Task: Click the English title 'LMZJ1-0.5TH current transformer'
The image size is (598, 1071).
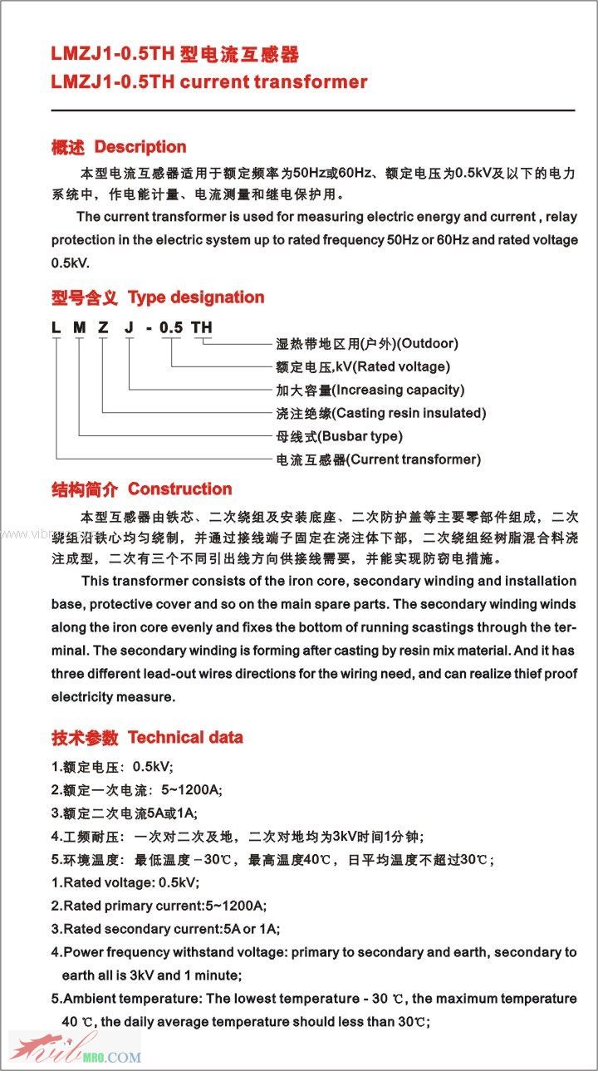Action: coord(208,81)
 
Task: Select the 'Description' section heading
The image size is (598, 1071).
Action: coord(140,147)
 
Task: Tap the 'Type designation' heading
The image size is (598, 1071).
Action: coord(195,297)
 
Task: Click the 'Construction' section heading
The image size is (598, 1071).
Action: coord(179,489)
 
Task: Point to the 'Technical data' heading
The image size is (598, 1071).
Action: coord(185,737)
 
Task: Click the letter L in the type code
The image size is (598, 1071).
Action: coord(56,327)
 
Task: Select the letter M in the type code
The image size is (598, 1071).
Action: coord(80,327)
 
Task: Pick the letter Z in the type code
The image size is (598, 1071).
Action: coord(103,327)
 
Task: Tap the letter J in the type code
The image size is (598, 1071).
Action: coord(129,327)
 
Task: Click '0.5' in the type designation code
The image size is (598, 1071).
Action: coord(171,327)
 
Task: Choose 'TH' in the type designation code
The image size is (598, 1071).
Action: coord(202,327)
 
